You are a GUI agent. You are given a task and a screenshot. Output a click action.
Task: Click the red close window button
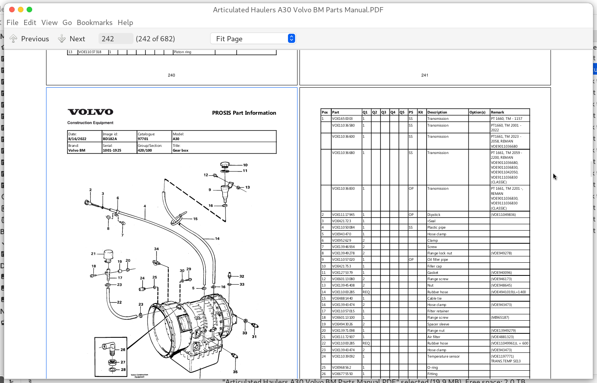[x=12, y=10]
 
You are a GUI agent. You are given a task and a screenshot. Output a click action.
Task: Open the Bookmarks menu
[x=95, y=23]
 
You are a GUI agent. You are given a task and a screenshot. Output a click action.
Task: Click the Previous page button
[x=29, y=38]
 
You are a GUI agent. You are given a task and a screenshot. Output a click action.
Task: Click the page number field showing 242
[x=115, y=38]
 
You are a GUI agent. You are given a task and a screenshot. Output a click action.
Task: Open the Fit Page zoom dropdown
[x=253, y=38]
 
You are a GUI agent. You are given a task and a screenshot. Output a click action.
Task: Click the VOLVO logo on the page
[x=91, y=112]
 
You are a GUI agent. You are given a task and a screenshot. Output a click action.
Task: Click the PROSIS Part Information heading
[x=244, y=113]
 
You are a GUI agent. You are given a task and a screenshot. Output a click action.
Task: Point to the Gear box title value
[x=181, y=150]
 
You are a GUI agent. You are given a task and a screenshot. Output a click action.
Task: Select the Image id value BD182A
[x=110, y=139]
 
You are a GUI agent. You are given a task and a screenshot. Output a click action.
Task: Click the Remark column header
[x=497, y=112]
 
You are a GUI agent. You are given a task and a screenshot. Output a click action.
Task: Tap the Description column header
[x=437, y=112]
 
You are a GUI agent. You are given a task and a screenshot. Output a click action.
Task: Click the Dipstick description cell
[x=434, y=215]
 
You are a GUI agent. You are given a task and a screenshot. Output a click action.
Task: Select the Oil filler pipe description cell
[x=437, y=260]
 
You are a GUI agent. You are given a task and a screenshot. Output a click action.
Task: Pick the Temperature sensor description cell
[x=443, y=356]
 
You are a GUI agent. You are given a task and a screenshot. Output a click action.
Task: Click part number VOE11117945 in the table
[x=343, y=215]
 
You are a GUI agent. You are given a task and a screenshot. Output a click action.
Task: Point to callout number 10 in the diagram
[x=245, y=165]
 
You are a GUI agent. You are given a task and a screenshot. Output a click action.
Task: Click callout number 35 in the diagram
[x=235, y=372]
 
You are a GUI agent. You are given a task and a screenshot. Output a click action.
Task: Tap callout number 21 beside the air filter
[x=93, y=254]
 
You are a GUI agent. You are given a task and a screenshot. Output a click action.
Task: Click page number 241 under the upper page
[x=425, y=75]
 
